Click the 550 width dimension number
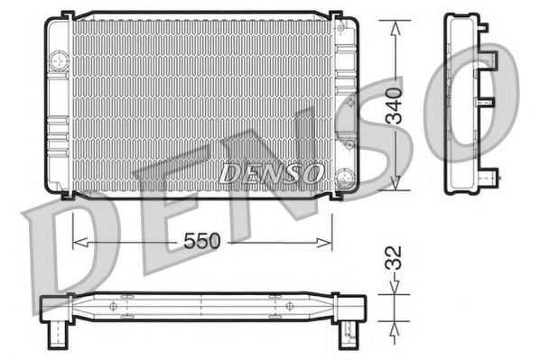click(x=202, y=241)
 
